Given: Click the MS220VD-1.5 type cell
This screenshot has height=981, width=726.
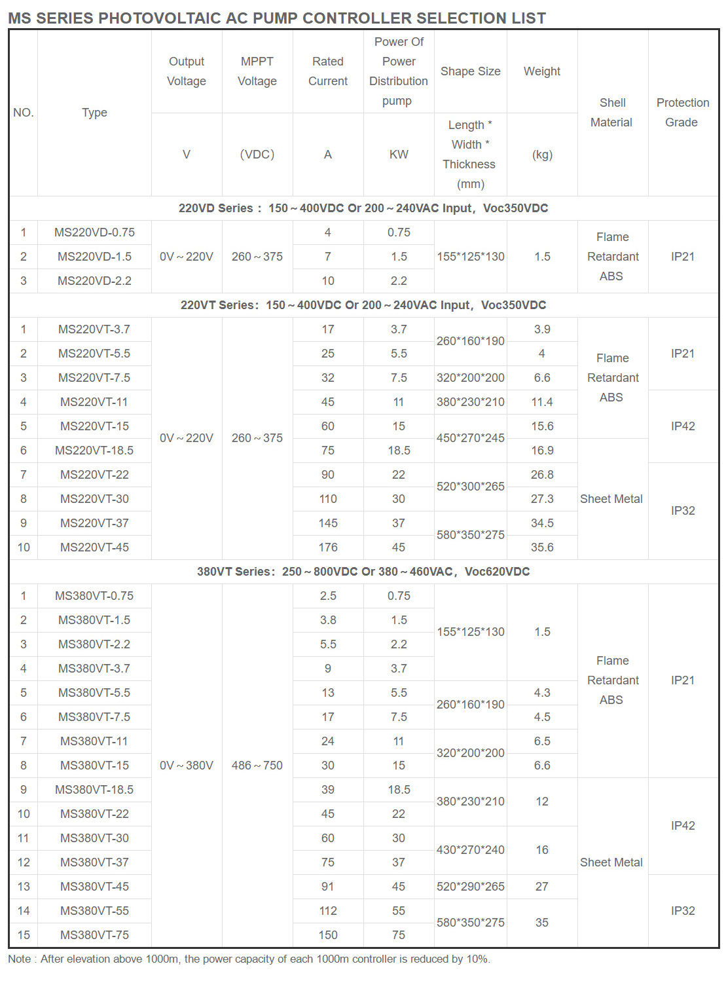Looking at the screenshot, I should pos(94,257).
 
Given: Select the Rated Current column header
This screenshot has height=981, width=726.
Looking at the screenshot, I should pos(328,71).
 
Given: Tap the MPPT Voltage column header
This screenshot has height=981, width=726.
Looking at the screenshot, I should pos(257,71).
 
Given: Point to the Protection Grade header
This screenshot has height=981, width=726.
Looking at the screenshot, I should pos(682,113).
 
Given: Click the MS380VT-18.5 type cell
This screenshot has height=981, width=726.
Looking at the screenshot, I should pos(94,790).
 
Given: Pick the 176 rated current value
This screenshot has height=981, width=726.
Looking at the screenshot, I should pos(328,547).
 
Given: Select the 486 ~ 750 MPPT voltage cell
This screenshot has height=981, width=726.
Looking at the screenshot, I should pos(257,766).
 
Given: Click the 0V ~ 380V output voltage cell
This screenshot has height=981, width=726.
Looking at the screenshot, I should pos(187,766).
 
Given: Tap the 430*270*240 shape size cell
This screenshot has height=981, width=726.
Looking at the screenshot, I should pos(470,850).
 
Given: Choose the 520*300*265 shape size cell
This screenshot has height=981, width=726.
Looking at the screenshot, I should pos(470,487).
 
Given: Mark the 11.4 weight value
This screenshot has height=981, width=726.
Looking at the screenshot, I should pos(542,402).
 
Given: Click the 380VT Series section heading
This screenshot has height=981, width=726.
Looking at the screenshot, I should pos(363,572).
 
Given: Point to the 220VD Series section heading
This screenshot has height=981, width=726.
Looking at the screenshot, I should pos(363,208).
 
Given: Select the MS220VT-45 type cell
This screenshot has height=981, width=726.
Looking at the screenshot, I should pos(94,547).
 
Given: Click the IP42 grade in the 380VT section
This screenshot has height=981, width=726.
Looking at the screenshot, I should pos(682,826).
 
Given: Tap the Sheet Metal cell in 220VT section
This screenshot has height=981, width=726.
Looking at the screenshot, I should pos(611,499).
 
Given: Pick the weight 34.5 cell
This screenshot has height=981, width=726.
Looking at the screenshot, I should pos(542,523).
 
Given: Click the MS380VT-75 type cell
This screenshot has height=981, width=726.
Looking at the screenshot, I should pos(94,935).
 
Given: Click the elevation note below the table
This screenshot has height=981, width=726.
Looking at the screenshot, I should pos(249,959).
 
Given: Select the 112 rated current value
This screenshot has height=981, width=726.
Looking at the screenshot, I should pos(328,911).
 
